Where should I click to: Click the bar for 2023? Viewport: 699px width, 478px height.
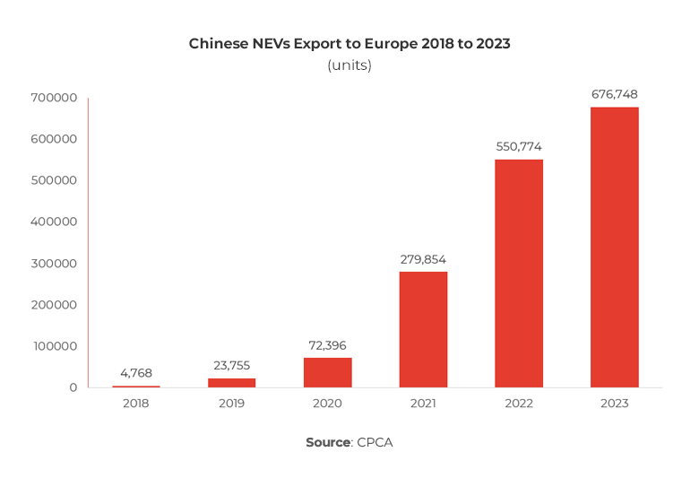tap(614, 248)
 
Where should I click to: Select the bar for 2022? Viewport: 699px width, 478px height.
tap(519, 274)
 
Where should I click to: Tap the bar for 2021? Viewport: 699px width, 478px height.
tap(423, 329)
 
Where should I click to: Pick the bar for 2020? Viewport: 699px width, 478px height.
tap(327, 372)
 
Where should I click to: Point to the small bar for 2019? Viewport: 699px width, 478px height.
tap(231, 383)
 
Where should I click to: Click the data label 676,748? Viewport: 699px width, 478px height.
tap(614, 94)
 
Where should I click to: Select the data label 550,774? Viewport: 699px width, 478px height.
tap(519, 146)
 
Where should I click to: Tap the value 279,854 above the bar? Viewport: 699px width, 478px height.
tap(423, 259)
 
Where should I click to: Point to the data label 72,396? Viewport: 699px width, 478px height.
tap(327, 345)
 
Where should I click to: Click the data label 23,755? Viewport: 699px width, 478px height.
tap(231, 365)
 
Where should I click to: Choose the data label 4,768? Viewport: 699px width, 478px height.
tap(135, 372)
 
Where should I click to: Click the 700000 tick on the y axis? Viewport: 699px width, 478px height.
tap(56, 98)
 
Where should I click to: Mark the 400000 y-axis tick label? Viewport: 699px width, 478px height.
tap(56, 222)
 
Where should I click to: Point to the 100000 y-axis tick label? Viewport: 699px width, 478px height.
tap(56, 346)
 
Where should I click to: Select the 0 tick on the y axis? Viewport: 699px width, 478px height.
tap(73, 387)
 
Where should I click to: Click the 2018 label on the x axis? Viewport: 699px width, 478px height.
tap(135, 404)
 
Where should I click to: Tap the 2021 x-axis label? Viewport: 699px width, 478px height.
tap(423, 404)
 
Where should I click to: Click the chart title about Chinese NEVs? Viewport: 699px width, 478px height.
tap(349, 43)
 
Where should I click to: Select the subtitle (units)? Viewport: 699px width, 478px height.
tap(349, 65)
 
